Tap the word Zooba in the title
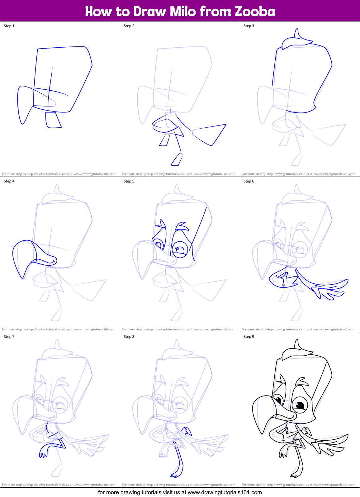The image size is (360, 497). pyautogui.click(x=255, y=11)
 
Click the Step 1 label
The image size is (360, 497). pyautogui.click(x=9, y=26)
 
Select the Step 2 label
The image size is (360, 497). pyautogui.click(x=129, y=26)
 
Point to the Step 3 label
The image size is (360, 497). pyautogui.click(x=249, y=26)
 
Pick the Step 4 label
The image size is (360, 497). pyautogui.click(x=9, y=181)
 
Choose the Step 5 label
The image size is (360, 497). pyautogui.click(x=129, y=181)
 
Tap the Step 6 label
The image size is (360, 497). pyautogui.click(x=249, y=181)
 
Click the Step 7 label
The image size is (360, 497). pyautogui.click(x=9, y=337)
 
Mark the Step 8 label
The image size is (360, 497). pyautogui.click(x=129, y=337)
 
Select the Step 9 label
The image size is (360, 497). pyautogui.click(x=249, y=337)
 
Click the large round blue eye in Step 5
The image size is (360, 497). pyautogui.click(x=180, y=249)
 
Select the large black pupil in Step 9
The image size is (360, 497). pyautogui.click(x=300, y=405)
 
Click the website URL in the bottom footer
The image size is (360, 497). pyautogui.click(x=225, y=492)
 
